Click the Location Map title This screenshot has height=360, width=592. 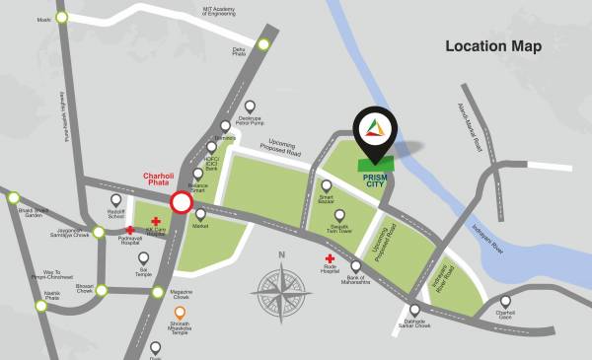tap(493, 46)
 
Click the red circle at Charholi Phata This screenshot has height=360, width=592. tap(182, 203)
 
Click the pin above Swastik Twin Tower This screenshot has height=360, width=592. tap(340, 215)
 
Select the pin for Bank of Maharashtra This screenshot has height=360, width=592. tap(356, 267)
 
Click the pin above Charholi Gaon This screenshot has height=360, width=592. tap(505, 302)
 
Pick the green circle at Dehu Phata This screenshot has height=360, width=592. tap(263, 43)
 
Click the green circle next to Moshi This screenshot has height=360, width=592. tap(63, 17)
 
